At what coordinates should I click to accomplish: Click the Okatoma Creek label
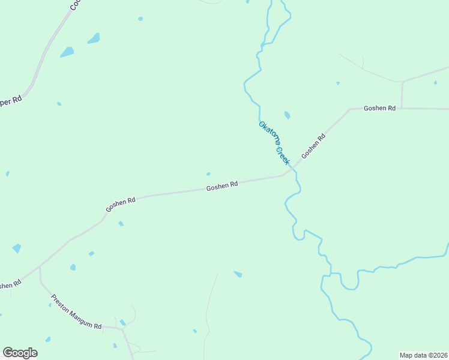pyautogui.click(x=274, y=143)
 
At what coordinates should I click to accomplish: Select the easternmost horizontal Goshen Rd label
pyautogui.click(x=380, y=108)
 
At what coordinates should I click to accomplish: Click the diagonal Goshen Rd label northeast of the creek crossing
pyautogui.click(x=313, y=146)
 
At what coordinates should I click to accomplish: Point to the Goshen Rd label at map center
pyautogui.click(x=222, y=187)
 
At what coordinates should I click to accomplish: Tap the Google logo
pyautogui.click(x=20, y=353)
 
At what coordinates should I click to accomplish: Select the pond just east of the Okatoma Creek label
pyautogui.click(x=287, y=115)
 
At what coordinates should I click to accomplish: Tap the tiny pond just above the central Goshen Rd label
pyautogui.click(x=208, y=174)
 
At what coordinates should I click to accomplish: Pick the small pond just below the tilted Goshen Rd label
pyautogui.click(x=121, y=224)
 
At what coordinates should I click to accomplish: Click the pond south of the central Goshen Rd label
pyautogui.click(x=238, y=274)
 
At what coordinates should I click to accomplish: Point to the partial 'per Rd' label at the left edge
pyautogui.click(x=10, y=101)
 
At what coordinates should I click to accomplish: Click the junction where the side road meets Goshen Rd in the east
pyautogui.click(x=402, y=109)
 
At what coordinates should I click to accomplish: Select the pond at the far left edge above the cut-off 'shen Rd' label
pyautogui.click(x=17, y=248)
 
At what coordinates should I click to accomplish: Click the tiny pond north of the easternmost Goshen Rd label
pyautogui.click(x=338, y=83)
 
